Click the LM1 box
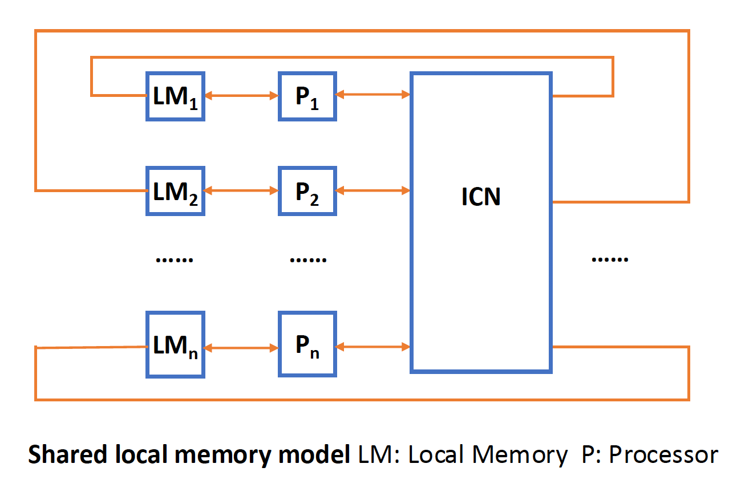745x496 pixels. pos(175,96)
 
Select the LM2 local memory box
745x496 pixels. pos(175,190)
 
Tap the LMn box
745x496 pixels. pos(175,344)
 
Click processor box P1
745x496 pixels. pos(307,96)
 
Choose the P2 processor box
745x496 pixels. pos(307,190)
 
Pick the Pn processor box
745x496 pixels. pos(307,344)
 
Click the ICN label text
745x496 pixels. pos(481,197)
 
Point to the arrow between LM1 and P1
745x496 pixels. pos(241,96)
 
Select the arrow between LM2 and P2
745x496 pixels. pos(241,190)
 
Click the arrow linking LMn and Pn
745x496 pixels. pos(241,347)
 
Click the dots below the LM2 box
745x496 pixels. pos(175,259)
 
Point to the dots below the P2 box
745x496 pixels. pos(308,259)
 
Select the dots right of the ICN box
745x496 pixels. pos(610,259)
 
